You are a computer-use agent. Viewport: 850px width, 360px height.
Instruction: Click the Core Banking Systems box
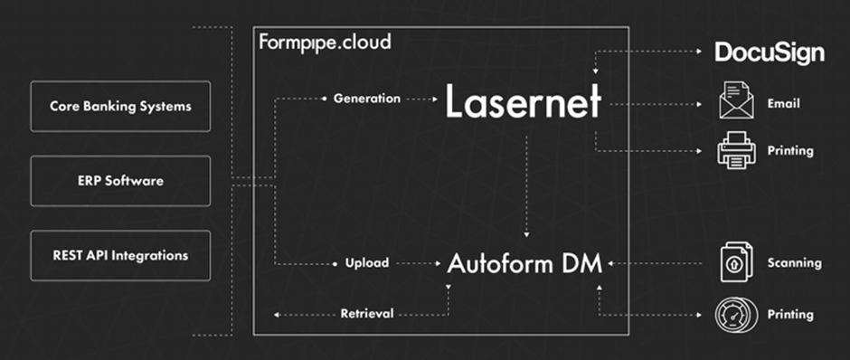(120, 107)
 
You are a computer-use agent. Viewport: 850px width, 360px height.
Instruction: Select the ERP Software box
(120, 181)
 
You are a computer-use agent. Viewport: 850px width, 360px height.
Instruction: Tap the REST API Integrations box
(120, 255)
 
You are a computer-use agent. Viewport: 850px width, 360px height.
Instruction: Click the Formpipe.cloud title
(325, 42)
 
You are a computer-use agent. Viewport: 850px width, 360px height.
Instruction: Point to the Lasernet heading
(523, 104)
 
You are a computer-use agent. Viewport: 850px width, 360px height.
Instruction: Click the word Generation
(366, 99)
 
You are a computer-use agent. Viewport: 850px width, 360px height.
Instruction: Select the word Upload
(366, 263)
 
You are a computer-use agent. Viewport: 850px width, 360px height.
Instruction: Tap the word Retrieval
(366, 314)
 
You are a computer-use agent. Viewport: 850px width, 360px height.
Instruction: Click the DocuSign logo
(770, 52)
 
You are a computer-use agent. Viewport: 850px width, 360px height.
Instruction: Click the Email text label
(783, 104)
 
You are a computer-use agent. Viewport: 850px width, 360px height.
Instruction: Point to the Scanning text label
(793, 263)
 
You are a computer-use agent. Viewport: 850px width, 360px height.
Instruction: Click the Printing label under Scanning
(789, 315)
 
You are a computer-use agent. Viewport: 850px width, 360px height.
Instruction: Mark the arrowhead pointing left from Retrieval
(277, 315)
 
